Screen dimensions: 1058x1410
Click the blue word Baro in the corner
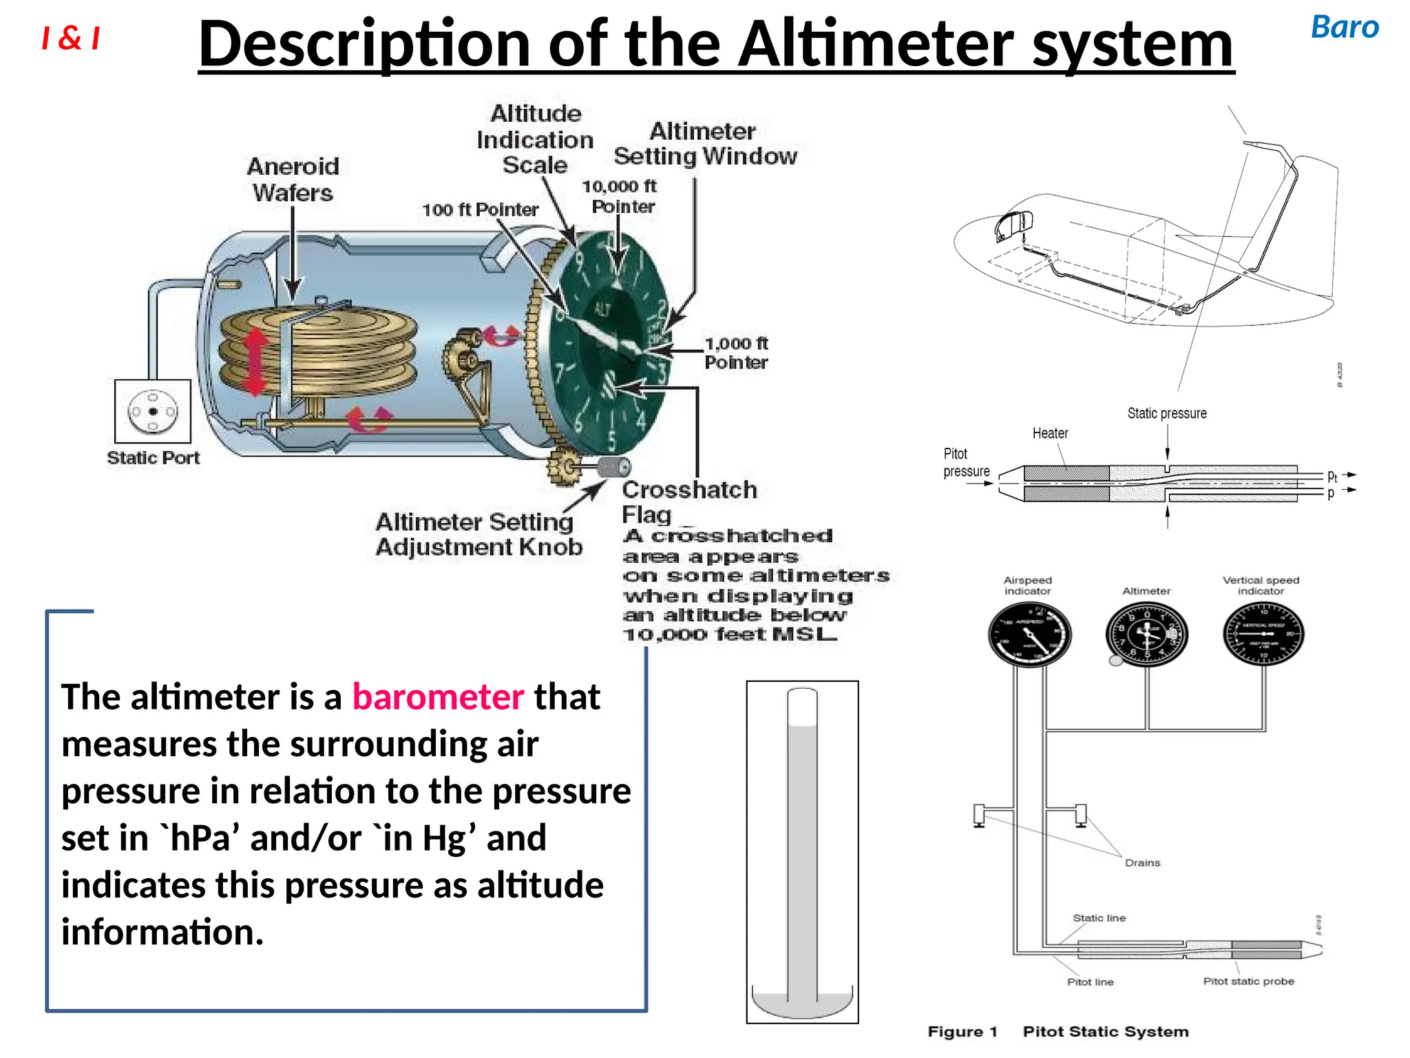pyautogui.click(x=1344, y=28)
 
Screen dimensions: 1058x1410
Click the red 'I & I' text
pyautogui.click(x=70, y=38)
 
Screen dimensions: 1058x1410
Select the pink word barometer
pyautogui.click(x=438, y=696)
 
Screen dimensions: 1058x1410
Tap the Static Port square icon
pyautogui.click(x=152, y=411)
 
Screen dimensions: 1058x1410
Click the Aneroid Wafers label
pyautogui.click(x=293, y=179)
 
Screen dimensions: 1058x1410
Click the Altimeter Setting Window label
pyautogui.click(x=705, y=143)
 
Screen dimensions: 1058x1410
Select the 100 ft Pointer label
pyautogui.click(x=480, y=209)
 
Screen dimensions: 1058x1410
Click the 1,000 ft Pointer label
pyautogui.click(x=735, y=353)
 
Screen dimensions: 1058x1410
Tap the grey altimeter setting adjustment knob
pyautogui.click(x=613, y=467)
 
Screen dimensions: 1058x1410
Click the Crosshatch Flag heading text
pyautogui.click(x=688, y=501)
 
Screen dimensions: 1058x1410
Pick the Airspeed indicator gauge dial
pyautogui.click(x=1029, y=634)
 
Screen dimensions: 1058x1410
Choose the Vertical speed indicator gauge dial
pyautogui.click(x=1263, y=634)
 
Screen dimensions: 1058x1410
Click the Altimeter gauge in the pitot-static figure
pyautogui.click(x=1146, y=634)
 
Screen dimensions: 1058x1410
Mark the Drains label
pyautogui.click(x=1142, y=862)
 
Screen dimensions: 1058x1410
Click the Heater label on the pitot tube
pyautogui.click(x=1050, y=433)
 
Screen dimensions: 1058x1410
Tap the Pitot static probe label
pyautogui.click(x=1248, y=981)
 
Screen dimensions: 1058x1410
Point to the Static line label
pyautogui.click(x=1099, y=917)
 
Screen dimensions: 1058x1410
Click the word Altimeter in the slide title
pyautogui.click(x=877, y=44)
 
